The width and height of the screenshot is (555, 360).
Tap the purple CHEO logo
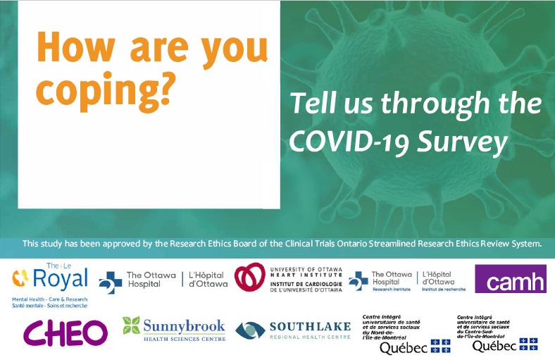[66, 332]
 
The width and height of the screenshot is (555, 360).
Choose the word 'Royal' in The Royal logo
[63, 279]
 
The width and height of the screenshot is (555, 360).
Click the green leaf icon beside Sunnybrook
[132, 325]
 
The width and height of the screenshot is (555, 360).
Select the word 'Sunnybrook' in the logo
[185, 325]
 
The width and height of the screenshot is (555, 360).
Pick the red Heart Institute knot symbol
[251, 278]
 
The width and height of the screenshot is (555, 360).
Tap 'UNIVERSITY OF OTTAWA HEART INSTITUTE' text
[303, 271]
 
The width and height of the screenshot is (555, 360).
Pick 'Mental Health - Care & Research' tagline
[49, 299]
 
